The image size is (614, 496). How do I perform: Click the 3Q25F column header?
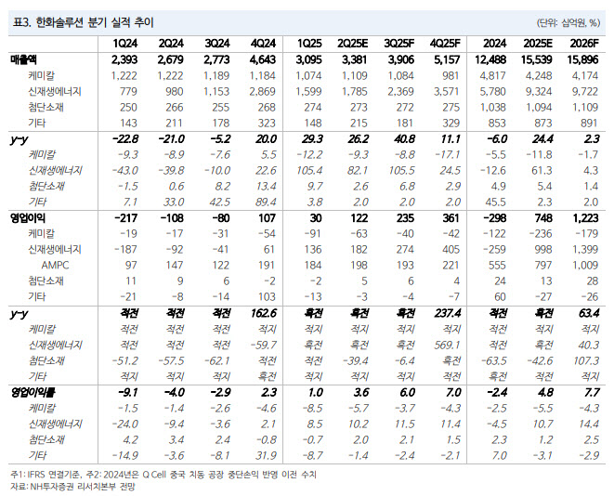[x=398, y=43]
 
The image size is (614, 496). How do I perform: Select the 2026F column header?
[x=584, y=43]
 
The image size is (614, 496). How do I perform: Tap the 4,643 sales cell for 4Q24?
[x=263, y=59]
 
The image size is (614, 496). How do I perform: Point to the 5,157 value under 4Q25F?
[x=447, y=59]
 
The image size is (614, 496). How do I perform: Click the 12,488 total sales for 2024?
[x=490, y=59]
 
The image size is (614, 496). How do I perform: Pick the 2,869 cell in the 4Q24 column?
[x=262, y=91]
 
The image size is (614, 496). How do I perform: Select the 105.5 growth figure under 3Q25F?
[x=402, y=170]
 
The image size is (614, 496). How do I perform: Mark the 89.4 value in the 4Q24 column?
[x=266, y=202]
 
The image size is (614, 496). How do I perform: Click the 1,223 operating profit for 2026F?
[x=586, y=218]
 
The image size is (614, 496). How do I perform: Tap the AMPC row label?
[x=55, y=265]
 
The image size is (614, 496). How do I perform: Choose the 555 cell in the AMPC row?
[x=497, y=265]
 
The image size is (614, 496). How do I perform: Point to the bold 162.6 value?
[x=264, y=313]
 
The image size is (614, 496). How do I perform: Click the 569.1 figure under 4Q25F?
[x=447, y=345]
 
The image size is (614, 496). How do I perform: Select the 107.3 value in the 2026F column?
[x=586, y=360]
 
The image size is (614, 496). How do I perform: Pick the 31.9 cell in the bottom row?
[x=266, y=455]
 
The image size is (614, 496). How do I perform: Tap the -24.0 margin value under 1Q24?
[x=124, y=424]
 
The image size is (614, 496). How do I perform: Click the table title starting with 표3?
[x=83, y=22]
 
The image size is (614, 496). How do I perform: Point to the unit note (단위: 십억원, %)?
[x=568, y=22]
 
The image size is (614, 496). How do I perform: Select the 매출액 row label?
[x=23, y=59]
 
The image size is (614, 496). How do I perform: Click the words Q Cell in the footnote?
[x=154, y=475]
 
